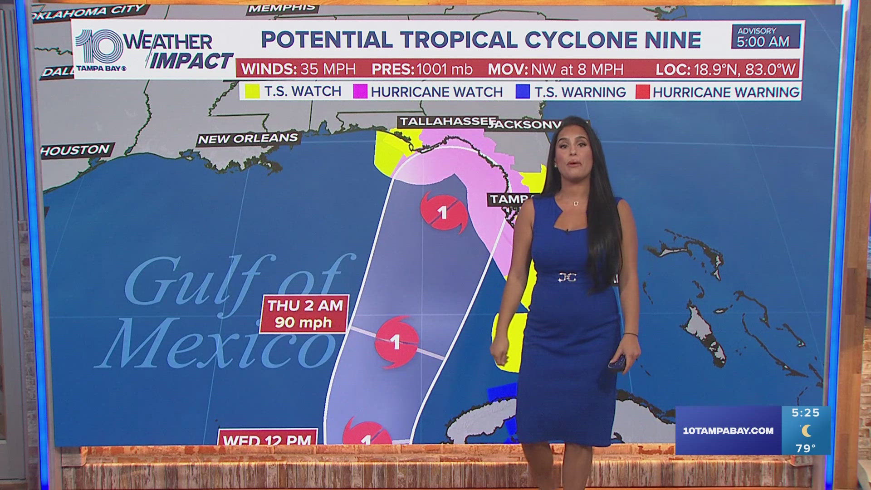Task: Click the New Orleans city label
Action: (x=248, y=138)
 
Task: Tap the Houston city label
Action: (x=75, y=150)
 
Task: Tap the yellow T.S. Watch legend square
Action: (x=252, y=92)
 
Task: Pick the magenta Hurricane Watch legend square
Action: (x=360, y=92)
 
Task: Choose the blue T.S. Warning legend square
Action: (x=523, y=92)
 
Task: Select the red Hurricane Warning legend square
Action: (x=642, y=92)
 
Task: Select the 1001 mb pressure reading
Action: (x=444, y=69)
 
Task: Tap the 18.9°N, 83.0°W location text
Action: (x=743, y=69)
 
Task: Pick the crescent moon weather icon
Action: (x=806, y=430)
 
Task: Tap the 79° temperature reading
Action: (x=805, y=448)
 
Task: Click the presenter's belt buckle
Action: (x=567, y=276)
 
